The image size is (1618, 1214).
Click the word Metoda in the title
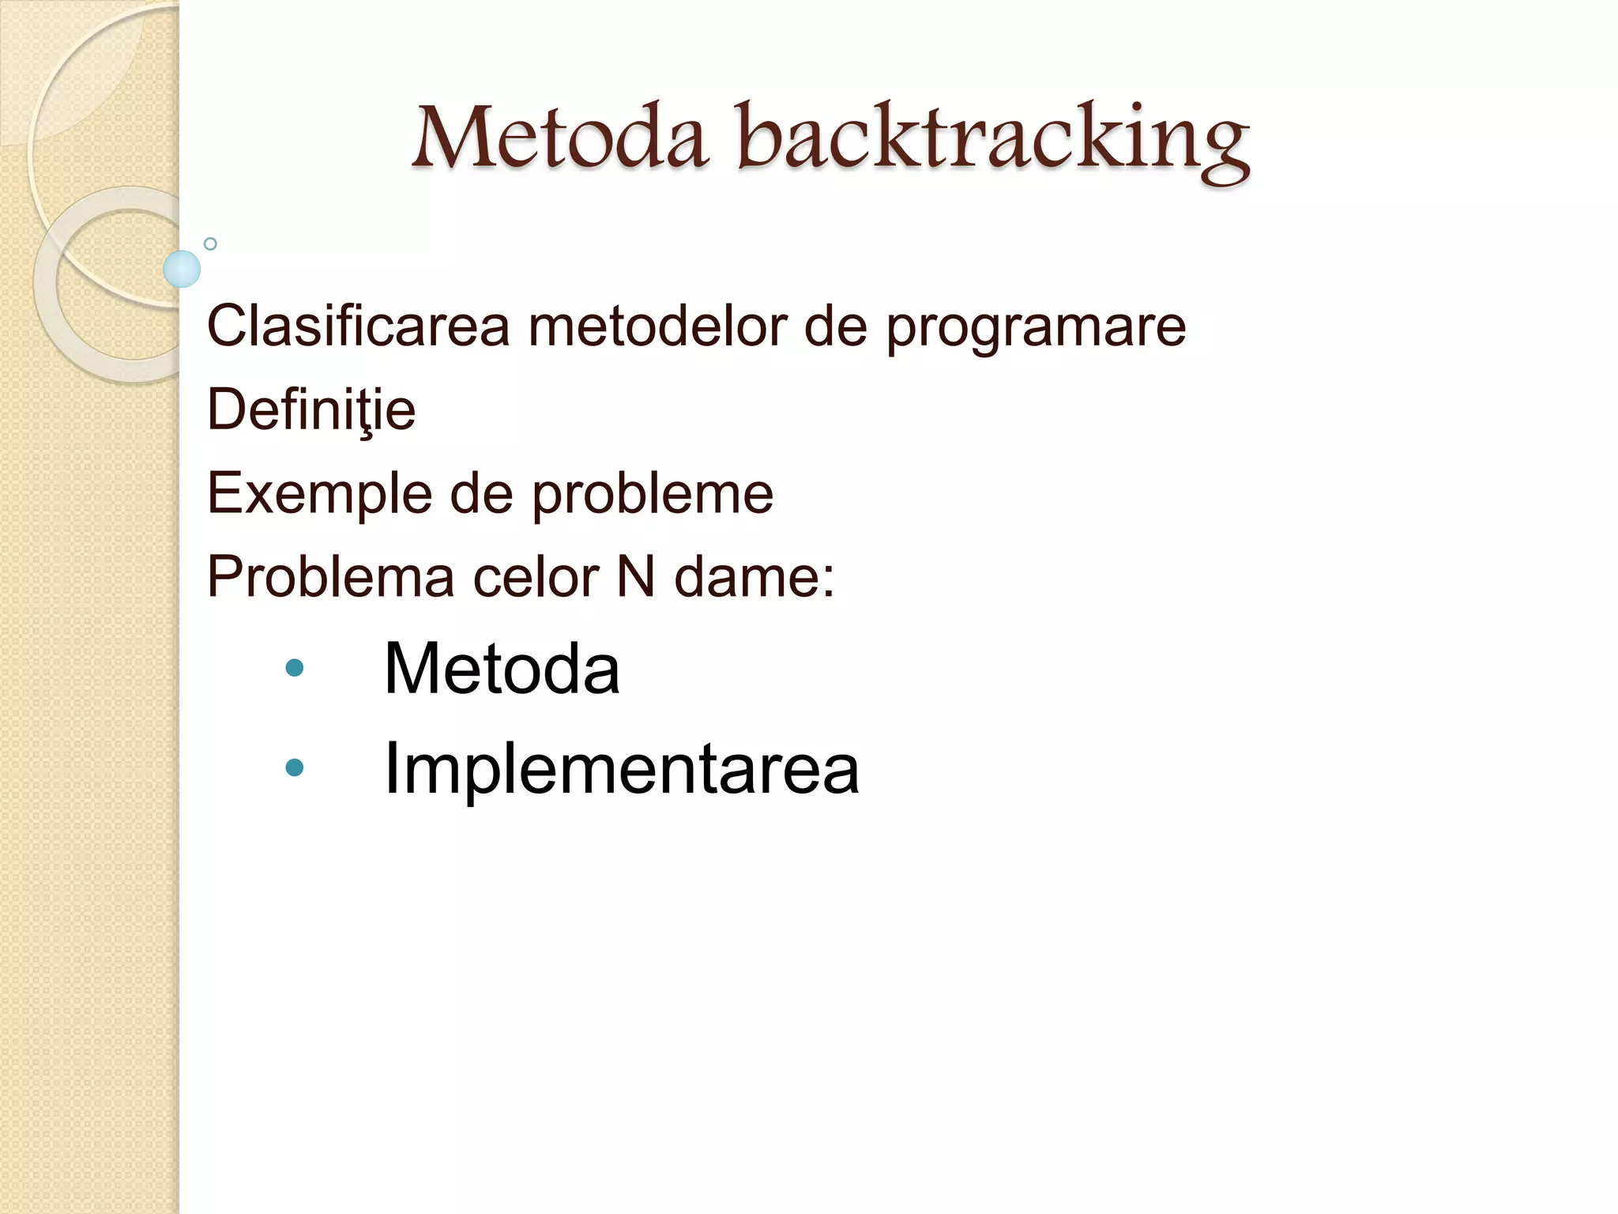[x=559, y=138]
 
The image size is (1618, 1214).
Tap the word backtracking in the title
[x=993, y=139]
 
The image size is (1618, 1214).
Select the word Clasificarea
[x=358, y=326]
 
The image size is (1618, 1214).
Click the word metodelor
[x=657, y=326]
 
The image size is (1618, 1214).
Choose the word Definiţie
[x=311, y=410]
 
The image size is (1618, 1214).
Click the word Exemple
[x=319, y=495]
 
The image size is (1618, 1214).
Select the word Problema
[x=330, y=577]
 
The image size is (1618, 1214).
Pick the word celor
[x=536, y=578]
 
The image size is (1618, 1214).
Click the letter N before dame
[x=635, y=577]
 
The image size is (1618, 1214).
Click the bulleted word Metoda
[x=502, y=669]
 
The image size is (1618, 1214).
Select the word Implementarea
[x=621, y=768]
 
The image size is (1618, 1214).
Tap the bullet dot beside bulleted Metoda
[x=295, y=669]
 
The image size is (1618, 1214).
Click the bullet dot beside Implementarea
[x=295, y=767]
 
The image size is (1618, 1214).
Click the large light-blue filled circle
[x=182, y=269]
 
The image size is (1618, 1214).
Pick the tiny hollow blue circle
[x=210, y=244]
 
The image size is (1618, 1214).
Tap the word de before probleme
[x=481, y=495]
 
